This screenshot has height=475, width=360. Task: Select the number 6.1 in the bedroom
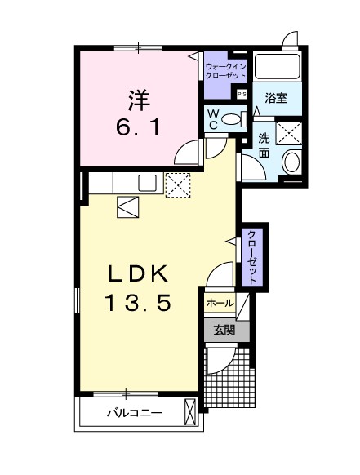[136, 127]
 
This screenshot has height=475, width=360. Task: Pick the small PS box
[242, 94]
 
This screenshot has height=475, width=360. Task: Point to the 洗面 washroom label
[266, 144]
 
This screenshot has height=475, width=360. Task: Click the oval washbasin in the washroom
[291, 162]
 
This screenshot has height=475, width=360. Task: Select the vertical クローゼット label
[252, 257]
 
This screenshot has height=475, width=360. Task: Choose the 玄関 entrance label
[224, 331]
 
